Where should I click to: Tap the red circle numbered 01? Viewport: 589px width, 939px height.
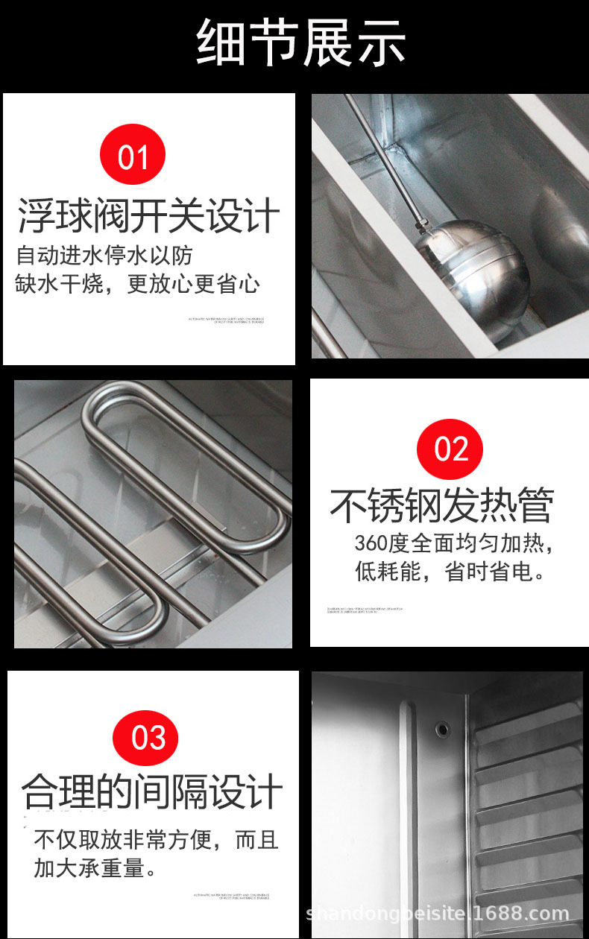(133, 156)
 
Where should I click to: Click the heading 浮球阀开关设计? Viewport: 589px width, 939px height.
(149, 216)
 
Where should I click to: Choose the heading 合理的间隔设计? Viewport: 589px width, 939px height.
(152, 791)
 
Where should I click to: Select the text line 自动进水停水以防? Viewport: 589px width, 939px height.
(104, 256)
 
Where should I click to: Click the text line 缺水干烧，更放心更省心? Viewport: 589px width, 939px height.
(137, 283)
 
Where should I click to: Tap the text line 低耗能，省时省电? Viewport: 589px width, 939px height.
(450, 572)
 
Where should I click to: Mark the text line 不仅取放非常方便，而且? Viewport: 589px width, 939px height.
(156, 840)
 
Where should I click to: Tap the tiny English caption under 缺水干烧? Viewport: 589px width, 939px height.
(227, 320)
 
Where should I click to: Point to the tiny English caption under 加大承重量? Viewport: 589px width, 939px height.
(235, 896)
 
